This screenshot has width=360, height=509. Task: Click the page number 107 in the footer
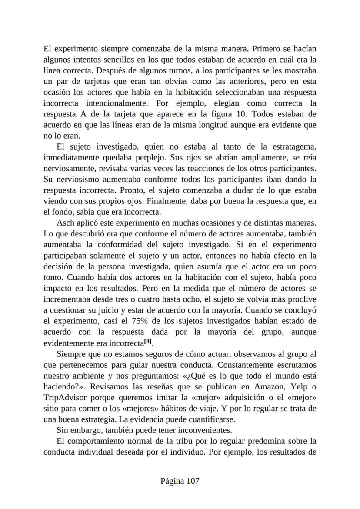[x=192, y=481]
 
